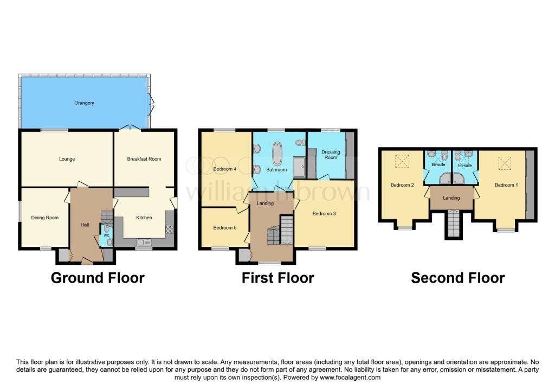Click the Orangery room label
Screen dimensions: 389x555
pyautogui.click(x=85, y=103)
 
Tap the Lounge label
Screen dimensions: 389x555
pyautogui.click(x=67, y=159)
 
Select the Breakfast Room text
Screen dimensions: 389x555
pyautogui.click(x=144, y=159)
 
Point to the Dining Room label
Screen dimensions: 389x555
pyautogui.click(x=44, y=218)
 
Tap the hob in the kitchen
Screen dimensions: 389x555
pyautogui.click(x=169, y=229)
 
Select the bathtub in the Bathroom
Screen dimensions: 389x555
pyautogui.click(x=277, y=152)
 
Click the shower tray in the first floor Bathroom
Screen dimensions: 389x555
pyautogui.click(x=299, y=167)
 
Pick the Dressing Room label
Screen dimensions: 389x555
pyautogui.click(x=330, y=155)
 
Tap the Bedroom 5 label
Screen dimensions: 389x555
pyautogui.click(x=224, y=227)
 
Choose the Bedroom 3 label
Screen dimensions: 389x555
pyautogui.click(x=324, y=214)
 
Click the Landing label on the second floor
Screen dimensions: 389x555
pyautogui.click(x=451, y=198)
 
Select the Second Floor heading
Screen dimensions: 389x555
pyautogui.click(x=457, y=278)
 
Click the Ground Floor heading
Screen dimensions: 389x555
pyautogui.click(x=98, y=278)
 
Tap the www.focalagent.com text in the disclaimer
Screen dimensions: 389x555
pyautogui.click(x=350, y=377)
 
